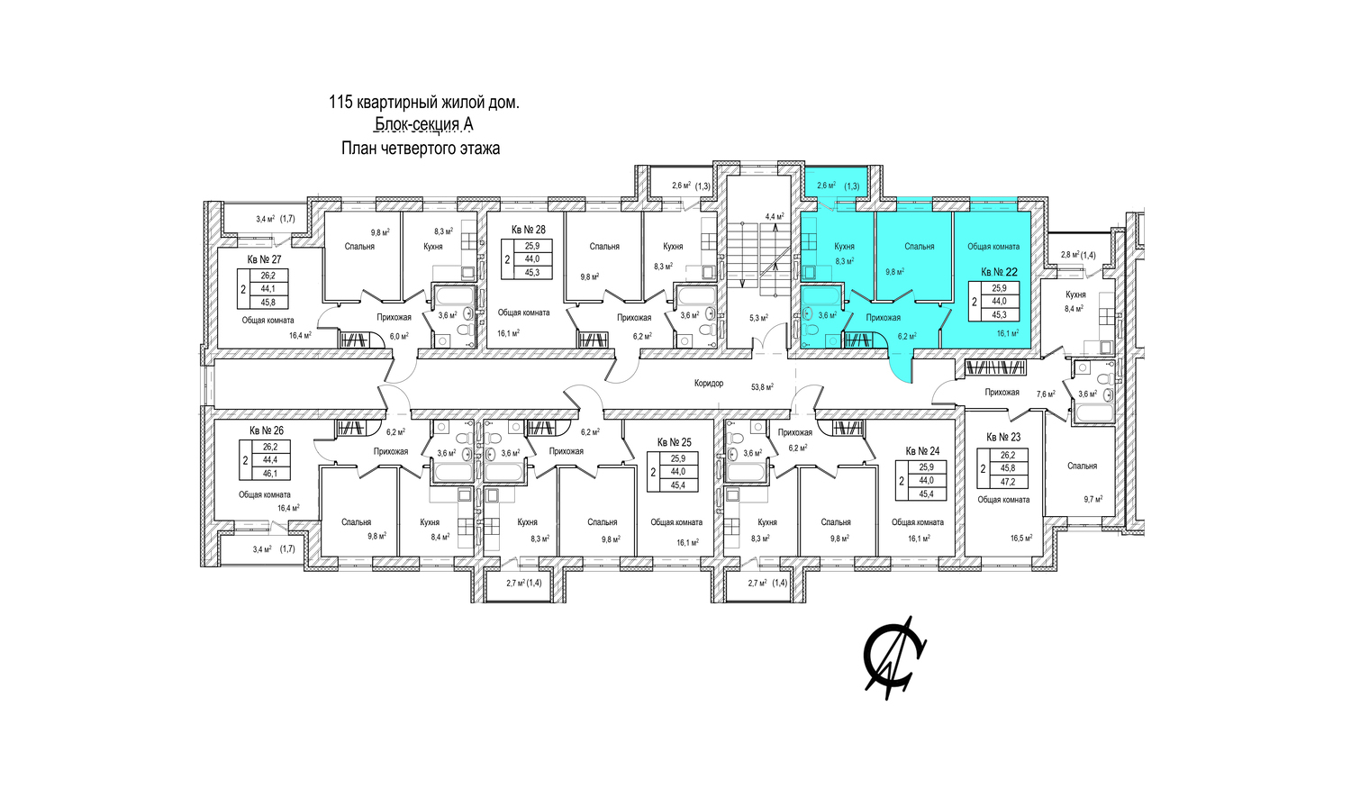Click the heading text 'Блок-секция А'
[424, 124]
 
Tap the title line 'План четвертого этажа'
[421, 148]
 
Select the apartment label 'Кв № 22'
[999, 273]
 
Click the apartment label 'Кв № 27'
[264, 259]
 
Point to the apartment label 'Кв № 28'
[529, 230]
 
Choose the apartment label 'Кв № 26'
[267, 430]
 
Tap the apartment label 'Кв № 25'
[675, 442]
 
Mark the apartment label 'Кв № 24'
[922, 451]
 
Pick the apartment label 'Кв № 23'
[1003, 437]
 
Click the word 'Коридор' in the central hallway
[709, 383]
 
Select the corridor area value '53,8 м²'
[762, 387]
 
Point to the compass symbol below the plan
[895, 657]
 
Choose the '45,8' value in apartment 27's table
[267, 303]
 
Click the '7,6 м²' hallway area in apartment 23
[1046, 394]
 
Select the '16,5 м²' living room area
[1021, 537]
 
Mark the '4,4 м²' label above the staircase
[775, 216]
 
